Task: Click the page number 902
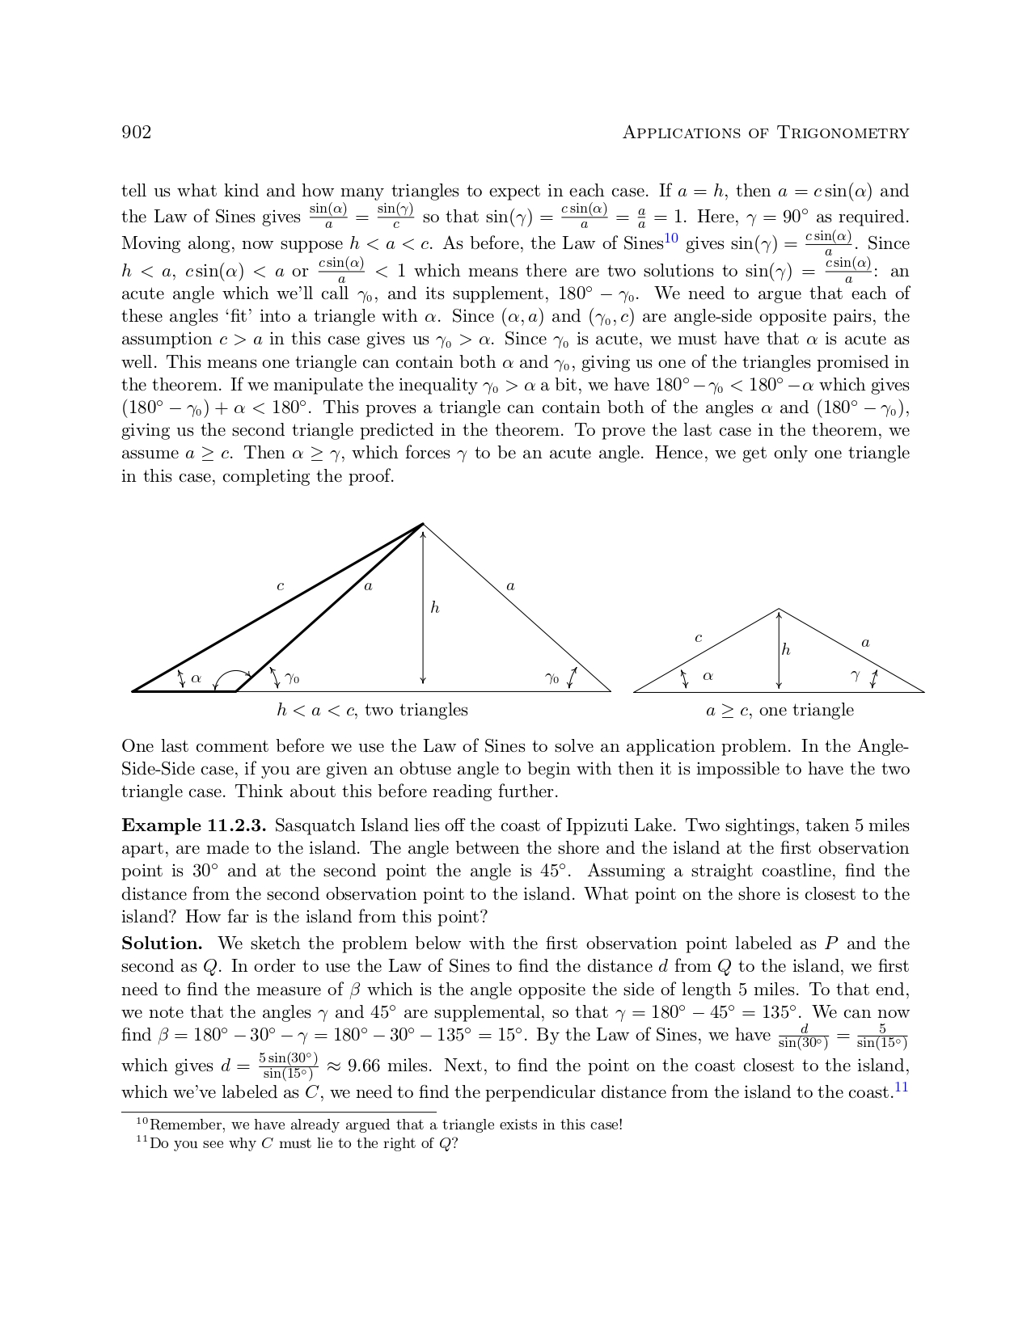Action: (136, 133)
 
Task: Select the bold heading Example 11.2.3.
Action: (194, 825)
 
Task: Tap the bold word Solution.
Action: (162, 944)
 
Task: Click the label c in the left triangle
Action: (281, 586)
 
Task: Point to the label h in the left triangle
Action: (435, 607)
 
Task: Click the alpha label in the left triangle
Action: (196, 678)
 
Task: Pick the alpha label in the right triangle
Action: (708, 675)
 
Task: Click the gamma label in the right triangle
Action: (856, 676)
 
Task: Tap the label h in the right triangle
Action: (786, 649)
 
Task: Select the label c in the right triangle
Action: (699, 638)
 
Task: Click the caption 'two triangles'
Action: (416, 710)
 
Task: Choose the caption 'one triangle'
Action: (806, 710)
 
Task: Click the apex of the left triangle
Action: (423, 524)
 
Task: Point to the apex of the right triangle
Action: (779, 609)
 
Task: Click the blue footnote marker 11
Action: (902, 1087)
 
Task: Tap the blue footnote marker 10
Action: (670, 238)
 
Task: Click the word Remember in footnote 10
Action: (187, 1125)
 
